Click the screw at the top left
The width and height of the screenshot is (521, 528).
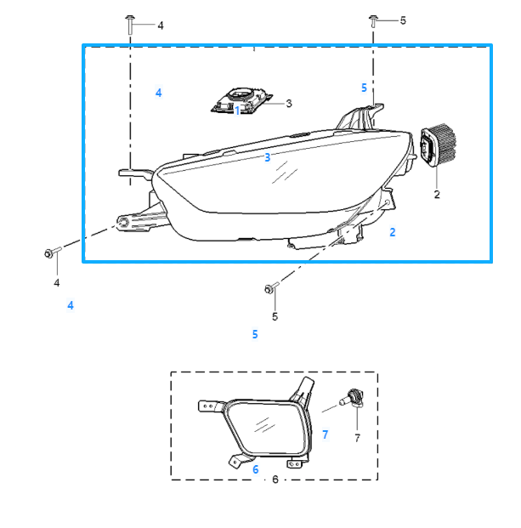(x=130, y=25)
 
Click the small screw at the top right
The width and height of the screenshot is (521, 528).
(x=373, y=20)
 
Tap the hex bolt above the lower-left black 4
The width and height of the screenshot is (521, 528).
(x=53, y=252)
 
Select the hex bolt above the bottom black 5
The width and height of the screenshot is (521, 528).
(x=272, y=288)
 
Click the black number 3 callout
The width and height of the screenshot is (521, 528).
(x=289, y=104)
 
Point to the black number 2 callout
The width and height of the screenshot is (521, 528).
(x=437, y=195)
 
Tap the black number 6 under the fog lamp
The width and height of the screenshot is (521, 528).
(x=275, y=480)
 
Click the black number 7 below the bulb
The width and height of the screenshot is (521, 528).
(x=358, y=438)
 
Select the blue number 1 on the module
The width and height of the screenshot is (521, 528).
(x=237, y=111)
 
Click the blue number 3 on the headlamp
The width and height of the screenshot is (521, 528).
(x=267, y=157)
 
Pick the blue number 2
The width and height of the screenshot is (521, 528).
(x=393, y=232)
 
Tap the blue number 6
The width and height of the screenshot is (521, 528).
(x=256, y=469)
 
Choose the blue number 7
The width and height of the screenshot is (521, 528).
(x=326, y=434)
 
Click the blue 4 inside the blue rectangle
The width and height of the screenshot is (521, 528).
(x=159, y=93)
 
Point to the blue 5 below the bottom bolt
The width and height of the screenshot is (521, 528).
(x=255, y=334)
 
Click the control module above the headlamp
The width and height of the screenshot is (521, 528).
(x=241, y=100)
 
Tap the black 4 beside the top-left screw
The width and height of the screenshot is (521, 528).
(x=161, y=26)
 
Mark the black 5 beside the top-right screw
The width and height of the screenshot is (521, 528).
(x=403, y=20)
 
